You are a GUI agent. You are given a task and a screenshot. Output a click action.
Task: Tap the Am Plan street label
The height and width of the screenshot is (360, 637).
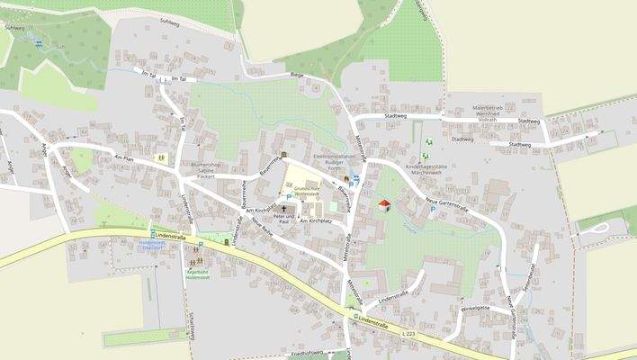pos(123,157)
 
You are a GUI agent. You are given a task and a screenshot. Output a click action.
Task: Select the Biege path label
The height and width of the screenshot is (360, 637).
pos(298,76)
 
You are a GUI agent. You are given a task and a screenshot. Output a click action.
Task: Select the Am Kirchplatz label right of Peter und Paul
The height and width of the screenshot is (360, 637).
pos(316,220)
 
